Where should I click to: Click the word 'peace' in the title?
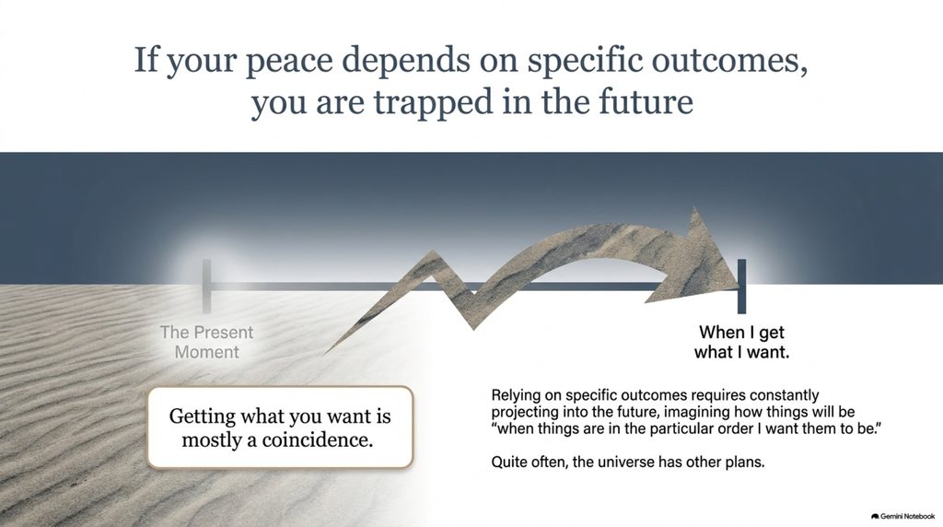pyautogui.click(x=289, y=61)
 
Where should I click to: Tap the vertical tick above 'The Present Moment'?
pyautogui.click(x=207, y=287)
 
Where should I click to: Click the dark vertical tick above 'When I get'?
pyautogui.click(x=741, y=287)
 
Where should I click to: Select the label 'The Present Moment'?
pyautogui.click(x=207, y=342)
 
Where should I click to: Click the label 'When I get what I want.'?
pyautogui.click(x=741, y=342)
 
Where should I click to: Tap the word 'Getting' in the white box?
pyautogui.click(x=202, y=416)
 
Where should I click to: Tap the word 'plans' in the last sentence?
pyautogui.click(x=745, y=463)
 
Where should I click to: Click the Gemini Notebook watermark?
pyautogui.click(x=902, y=516)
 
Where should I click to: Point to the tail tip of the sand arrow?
pyautogui.click(x=325, y=353)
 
